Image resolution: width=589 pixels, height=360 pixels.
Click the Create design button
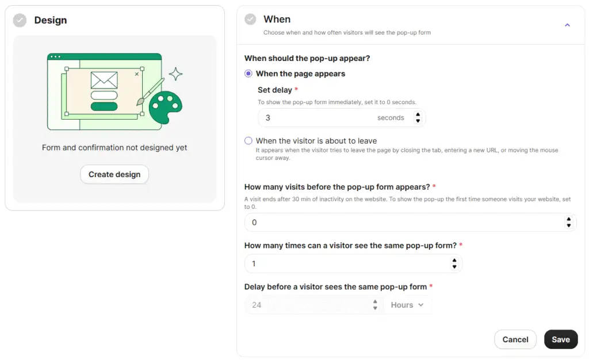[114, 174]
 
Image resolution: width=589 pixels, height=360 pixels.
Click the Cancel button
[515, 339]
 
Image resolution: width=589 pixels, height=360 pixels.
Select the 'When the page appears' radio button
[248, 74]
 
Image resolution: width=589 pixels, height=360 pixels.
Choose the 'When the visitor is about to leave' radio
[248, 141]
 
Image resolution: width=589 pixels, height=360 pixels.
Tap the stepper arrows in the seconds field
[418, 118]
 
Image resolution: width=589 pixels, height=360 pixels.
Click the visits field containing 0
[403, 223]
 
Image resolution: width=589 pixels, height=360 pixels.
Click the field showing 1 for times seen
[345, 264]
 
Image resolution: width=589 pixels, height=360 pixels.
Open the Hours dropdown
[407, 305]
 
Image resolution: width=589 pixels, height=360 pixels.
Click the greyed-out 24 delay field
[308, 305]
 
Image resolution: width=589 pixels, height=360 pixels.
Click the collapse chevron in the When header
[567, 25]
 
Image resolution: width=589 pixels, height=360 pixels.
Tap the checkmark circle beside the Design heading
[20, 20]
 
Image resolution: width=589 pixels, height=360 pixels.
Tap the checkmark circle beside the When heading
[250, 20]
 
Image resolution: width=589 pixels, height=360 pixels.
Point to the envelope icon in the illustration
[104, 80]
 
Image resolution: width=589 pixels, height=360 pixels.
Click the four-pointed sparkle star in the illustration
[175, 74]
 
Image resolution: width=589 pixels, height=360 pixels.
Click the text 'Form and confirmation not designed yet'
[114, 148]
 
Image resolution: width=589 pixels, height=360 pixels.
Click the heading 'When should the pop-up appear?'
[307, 58]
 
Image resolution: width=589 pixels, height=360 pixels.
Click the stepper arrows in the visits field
[568, 223]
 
